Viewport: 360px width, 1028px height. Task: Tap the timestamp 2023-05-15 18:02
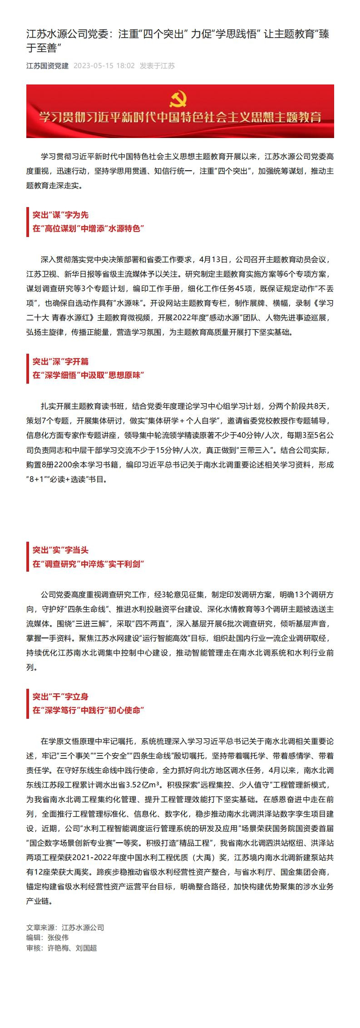(104, 66)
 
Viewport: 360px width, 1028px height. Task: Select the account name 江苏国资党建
(47, 66)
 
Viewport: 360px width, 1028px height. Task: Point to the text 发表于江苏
(157, 66)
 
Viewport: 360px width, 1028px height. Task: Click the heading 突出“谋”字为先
(60, 215)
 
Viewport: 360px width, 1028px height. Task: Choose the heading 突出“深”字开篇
(60, 361)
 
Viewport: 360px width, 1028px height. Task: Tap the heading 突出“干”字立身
(60, 697)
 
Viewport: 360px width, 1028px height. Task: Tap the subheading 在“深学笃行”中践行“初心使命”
(88, 710)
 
